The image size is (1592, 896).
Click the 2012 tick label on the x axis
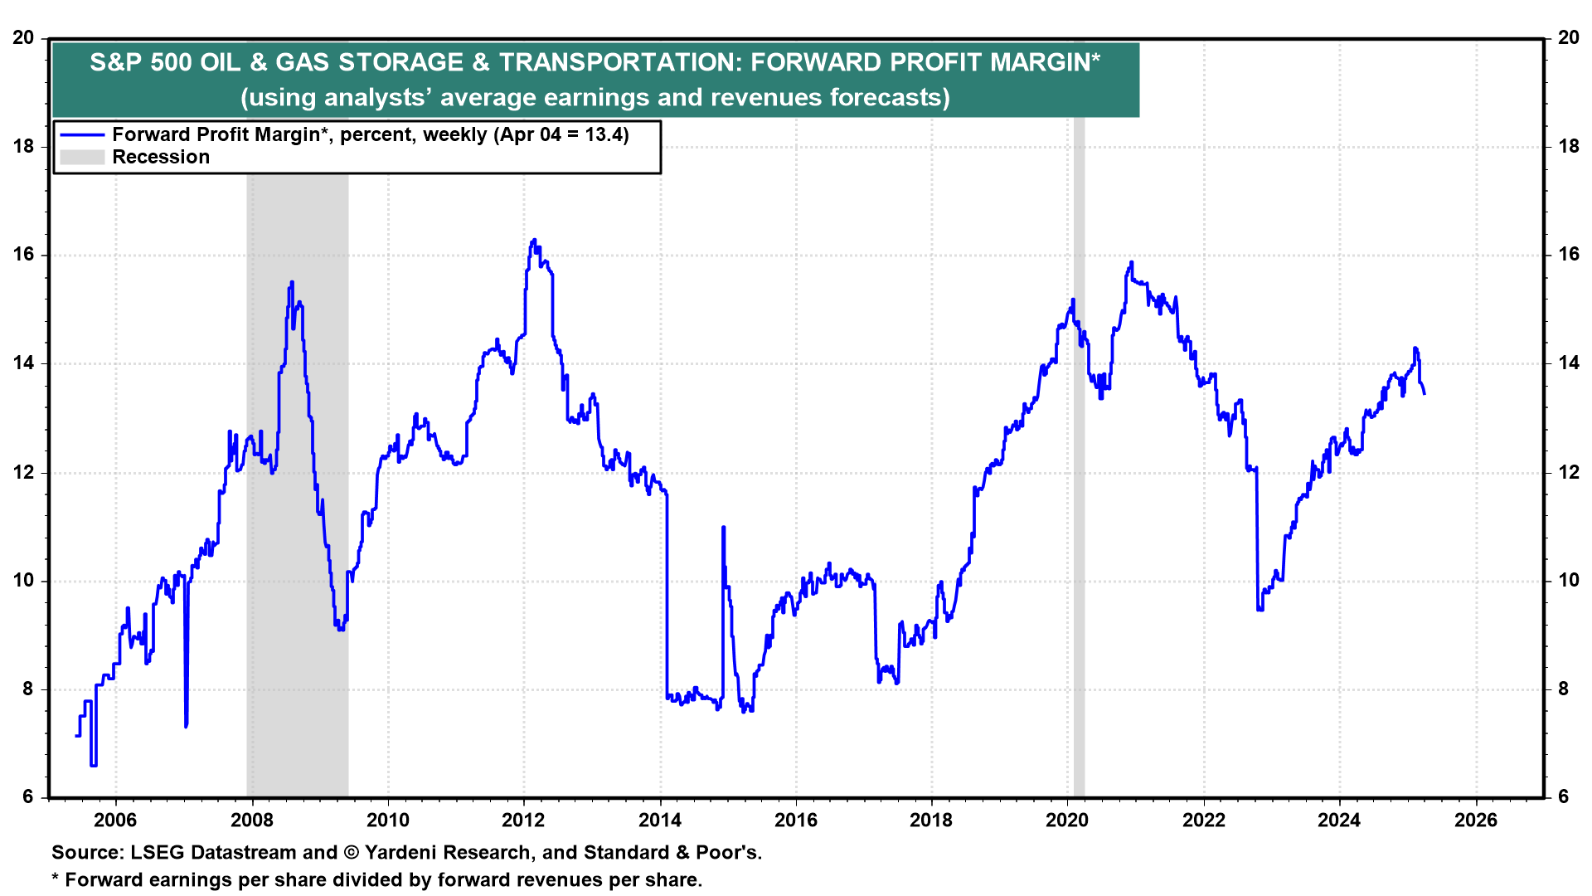(x=523, y=821)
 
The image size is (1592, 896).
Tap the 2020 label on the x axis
(x=1067, y=821)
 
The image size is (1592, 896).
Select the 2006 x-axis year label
(x=115, y=821)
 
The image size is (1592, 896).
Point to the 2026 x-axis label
(x=1476, y=821)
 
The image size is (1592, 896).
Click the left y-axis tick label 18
(x=23, y=147)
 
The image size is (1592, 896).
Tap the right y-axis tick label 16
(x=1569, y=255)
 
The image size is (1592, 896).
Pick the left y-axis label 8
(x=28, y=689)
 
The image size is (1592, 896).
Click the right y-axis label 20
(x=1569, y=38)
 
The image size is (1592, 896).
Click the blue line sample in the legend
(x=82, y=135)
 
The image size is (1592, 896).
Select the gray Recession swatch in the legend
(x=82, y=158)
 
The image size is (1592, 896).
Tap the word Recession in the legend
(x=161, y=158)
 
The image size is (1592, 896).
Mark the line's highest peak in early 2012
(x=534, y=241)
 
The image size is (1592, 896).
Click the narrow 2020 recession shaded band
(x=1079, y=498)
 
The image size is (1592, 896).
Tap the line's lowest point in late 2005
(x=93, y=765)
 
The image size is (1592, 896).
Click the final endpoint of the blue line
(x=1425, y=394)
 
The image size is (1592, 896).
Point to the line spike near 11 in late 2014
(x=723, y=528)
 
